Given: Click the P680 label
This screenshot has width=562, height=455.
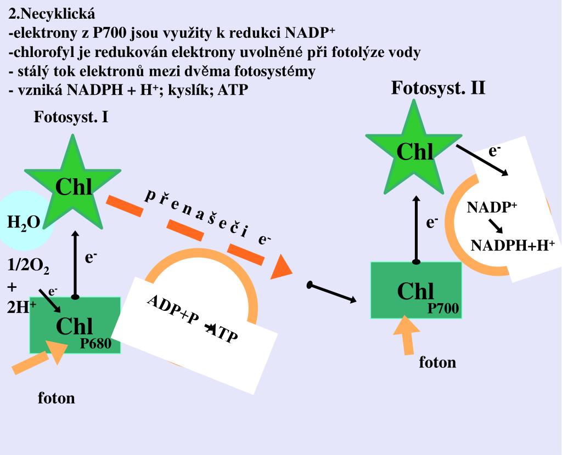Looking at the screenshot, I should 95,344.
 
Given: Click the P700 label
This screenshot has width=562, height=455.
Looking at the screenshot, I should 443,309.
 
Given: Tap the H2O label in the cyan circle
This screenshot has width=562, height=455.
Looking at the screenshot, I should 24,222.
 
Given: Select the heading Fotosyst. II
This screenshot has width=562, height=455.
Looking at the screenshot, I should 438,88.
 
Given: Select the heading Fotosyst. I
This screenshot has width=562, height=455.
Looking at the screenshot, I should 71,117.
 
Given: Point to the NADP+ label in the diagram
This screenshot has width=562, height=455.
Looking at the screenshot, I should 492,207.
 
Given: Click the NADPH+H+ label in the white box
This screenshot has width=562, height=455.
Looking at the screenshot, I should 513,244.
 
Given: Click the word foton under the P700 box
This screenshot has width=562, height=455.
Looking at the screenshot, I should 437,362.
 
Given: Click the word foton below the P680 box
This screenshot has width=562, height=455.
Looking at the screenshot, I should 56,397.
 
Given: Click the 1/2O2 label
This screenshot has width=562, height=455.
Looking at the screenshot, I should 29,267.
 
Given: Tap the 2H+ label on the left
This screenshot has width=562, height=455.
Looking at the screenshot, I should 21,306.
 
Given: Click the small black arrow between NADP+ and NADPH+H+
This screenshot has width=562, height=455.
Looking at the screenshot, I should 496,225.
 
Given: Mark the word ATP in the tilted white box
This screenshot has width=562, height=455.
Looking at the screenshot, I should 223,333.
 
